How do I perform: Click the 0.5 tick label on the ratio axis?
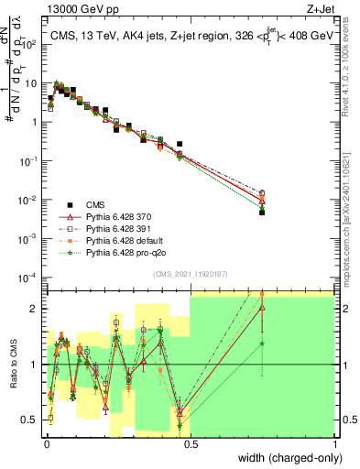pos(31,420)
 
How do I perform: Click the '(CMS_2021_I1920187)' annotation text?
pos(190,273)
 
